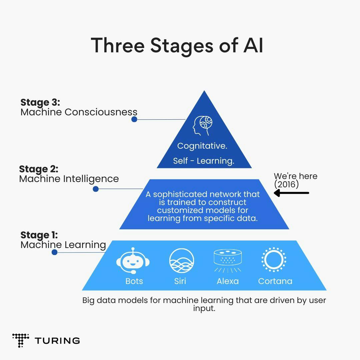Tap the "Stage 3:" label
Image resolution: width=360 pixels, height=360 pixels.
point(40,102)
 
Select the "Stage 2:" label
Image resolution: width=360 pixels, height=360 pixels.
point(39,169)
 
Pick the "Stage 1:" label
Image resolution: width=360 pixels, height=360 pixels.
point(39,235)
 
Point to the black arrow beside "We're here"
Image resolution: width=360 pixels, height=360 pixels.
point(291,193)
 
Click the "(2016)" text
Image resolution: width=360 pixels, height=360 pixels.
point(286,184)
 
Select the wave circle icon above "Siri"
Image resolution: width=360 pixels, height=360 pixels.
point(182,261)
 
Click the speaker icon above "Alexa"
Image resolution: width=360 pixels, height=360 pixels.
point(228,260)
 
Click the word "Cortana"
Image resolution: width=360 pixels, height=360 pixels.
point(275,281)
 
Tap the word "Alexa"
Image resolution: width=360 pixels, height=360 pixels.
point(228,281)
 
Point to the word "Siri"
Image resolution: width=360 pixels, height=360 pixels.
point(180,281)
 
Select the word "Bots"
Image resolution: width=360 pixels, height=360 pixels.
point(134,281)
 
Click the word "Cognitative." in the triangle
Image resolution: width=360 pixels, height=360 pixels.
point(202,146)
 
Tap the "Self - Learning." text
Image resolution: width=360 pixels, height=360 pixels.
point(204,161)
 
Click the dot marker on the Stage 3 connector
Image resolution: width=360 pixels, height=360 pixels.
point(134,119)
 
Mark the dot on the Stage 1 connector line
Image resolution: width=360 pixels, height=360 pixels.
point(55,252)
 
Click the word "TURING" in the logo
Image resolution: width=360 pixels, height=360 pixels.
point(57,341)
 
